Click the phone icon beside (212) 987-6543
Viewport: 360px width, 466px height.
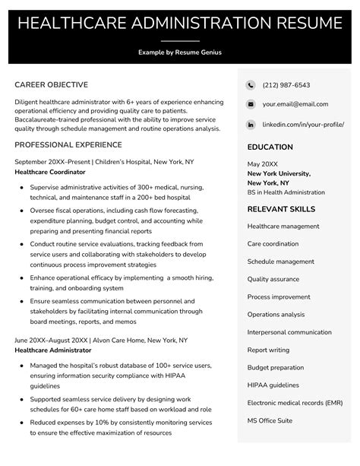click(x=251, y=85)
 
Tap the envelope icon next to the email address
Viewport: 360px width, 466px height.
click(x=251, y=104)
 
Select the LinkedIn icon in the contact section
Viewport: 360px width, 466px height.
click(x=251, y=124)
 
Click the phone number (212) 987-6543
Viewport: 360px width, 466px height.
click(x=286, y=85)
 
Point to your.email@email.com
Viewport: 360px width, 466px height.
click(x=295, y=104)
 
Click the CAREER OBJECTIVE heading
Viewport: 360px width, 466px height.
click(x=51, y=84)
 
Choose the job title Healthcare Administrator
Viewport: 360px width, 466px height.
click(x=53, y=350)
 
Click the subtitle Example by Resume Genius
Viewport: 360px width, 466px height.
click(x=180, y=52)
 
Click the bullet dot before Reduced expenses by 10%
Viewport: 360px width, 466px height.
click(x=23, y=421)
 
